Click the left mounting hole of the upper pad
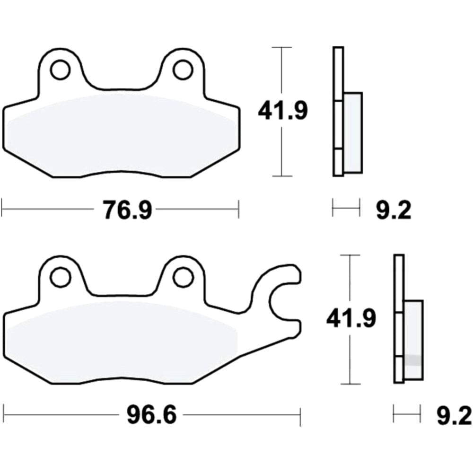[x=60, y=70]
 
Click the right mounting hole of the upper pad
[x=183, y=70]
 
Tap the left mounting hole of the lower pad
[x=61, y=277]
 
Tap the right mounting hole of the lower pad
[x=183, y=277]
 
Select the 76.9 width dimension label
[x=127, y=210]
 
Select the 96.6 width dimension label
[x=151, y=417]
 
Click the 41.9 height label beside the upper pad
[x=282, y=112]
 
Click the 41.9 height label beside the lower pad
[x=350, y=319]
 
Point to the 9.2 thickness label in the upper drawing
[x=394, y=210]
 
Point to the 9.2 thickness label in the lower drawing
[x=454, y=417]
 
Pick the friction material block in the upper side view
[x=353, y=132]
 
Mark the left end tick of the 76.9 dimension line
[x=2, y=209]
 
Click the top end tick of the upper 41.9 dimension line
[x=282, y=48]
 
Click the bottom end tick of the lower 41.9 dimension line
[x=350, y=384]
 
